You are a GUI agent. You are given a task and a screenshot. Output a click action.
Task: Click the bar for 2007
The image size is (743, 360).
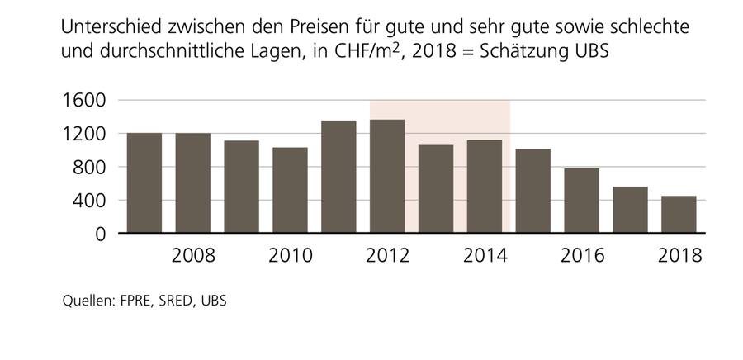144,183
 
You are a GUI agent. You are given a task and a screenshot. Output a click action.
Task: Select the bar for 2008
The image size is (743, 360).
193,183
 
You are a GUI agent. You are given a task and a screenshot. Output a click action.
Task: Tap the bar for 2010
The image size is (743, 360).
291,191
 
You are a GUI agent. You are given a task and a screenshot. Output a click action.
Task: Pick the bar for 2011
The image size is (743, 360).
338,177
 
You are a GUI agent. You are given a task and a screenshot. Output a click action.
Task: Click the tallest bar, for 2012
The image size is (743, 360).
387,177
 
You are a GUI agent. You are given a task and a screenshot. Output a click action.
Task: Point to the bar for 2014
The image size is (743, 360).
485,187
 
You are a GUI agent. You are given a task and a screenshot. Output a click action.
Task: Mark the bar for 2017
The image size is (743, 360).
630,210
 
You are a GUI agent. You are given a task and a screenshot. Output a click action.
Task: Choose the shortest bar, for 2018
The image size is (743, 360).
679,215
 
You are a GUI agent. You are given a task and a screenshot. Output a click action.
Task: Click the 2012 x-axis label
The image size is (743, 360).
387,255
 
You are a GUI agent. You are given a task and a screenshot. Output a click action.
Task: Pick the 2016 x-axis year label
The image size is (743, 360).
582,255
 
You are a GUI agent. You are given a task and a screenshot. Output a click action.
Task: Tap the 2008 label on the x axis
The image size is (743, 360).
193,255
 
